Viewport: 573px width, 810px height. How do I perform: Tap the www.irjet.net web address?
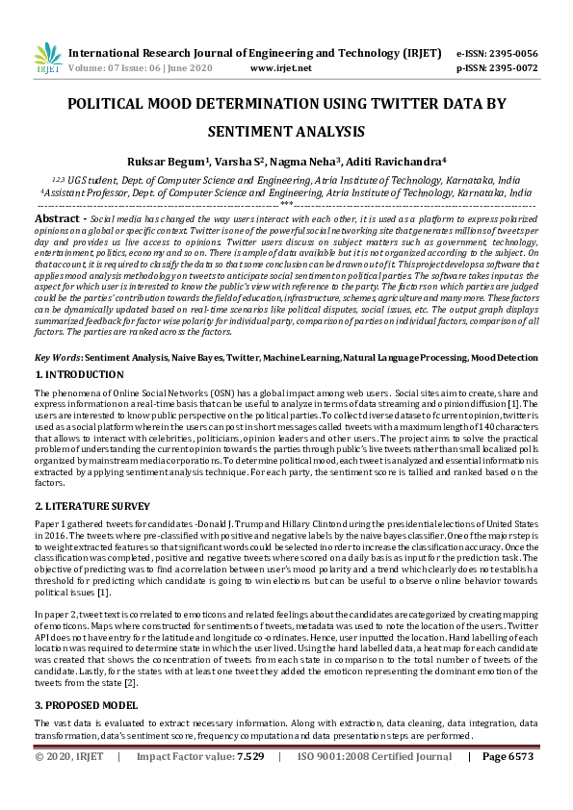(x=280, y=69)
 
